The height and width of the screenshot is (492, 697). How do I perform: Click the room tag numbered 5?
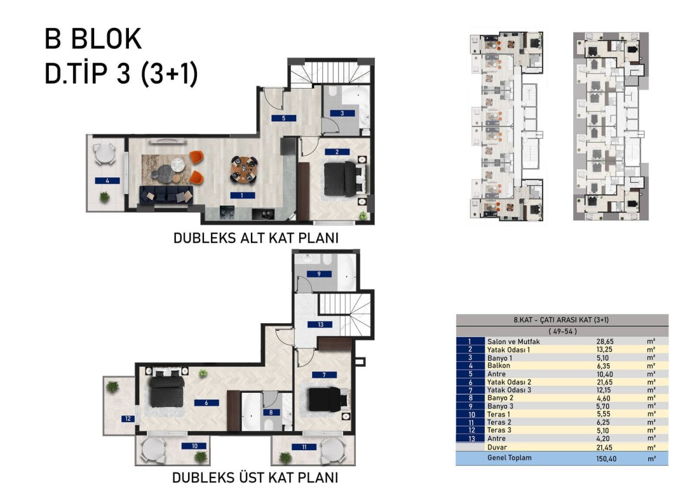(x=283, y=118)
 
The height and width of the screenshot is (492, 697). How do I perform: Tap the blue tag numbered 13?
(x=320, y=324)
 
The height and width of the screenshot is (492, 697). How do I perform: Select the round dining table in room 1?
(x=245, y=169)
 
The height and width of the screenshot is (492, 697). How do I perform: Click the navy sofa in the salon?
(x=166, y=195)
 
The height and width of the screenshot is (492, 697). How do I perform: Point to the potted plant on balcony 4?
(x=104, y=197)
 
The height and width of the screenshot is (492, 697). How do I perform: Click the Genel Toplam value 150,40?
(x=606, y=459)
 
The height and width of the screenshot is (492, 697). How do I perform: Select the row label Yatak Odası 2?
(x=509, y=382)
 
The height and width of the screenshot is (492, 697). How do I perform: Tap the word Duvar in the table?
(x=497, y=447)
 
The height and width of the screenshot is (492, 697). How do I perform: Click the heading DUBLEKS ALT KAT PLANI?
(x=256, y=238)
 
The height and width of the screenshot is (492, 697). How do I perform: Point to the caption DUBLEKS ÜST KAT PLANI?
(x=255, y=477)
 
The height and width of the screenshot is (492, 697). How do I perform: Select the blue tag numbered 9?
(x=319, y=274)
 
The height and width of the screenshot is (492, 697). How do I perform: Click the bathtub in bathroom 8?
(x=250, y=412)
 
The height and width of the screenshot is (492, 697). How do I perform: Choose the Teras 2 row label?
(x=499, y=422)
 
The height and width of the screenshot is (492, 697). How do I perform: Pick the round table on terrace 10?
(x=152, y=450)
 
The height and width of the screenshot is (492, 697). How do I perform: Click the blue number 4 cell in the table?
(x=470, y=366)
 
